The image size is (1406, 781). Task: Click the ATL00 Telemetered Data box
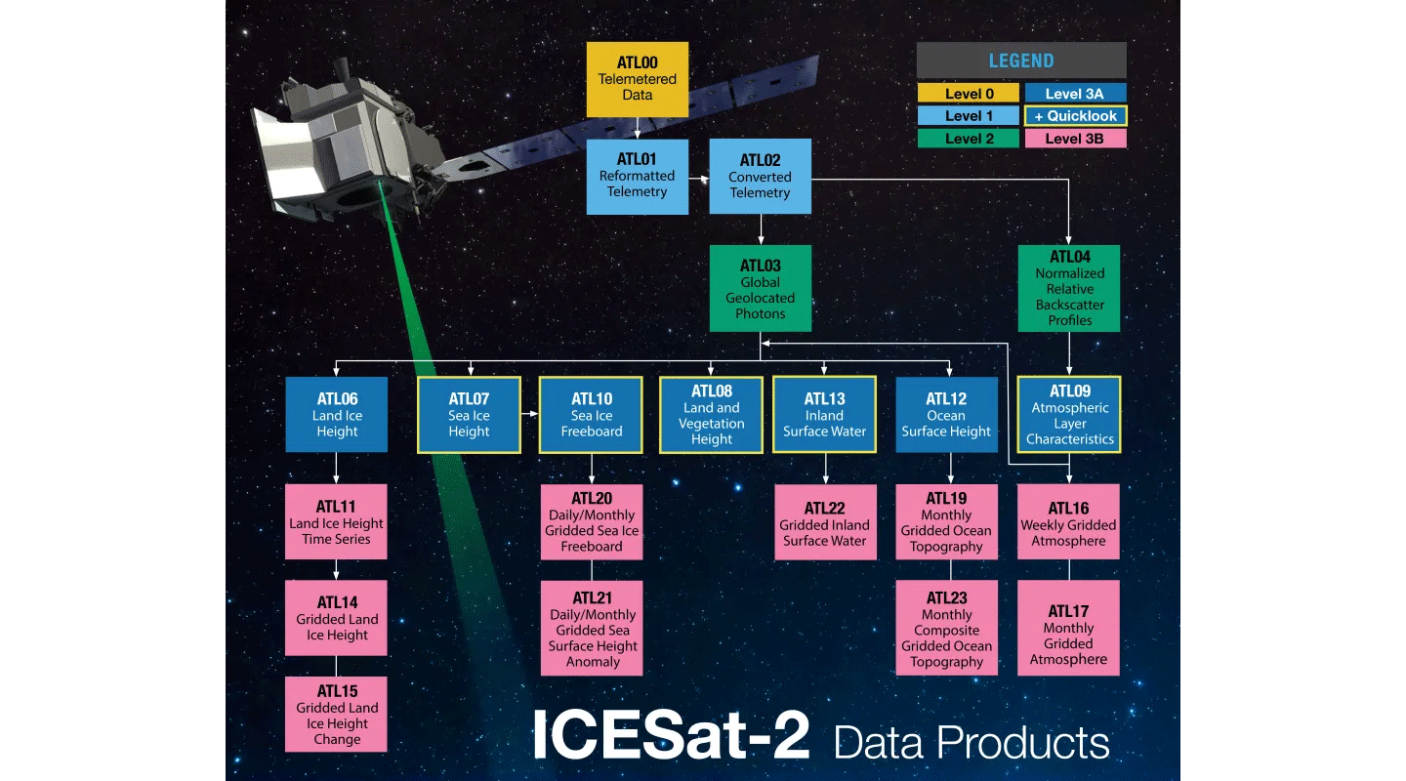pos(638,79)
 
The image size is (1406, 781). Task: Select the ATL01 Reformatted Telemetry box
pos(638,177)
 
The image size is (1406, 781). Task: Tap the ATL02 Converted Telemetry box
pos(760,177)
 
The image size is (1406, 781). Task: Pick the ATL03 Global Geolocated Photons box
pos(760,289)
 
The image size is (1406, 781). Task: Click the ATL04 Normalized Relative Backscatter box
pos(1069,289)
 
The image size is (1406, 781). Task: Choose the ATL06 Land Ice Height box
pos(337,415)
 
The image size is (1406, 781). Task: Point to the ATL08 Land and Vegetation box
pos(711,415)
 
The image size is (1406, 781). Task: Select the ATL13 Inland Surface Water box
pos(825,415)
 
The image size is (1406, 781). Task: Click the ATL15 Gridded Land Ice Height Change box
pos(337,715)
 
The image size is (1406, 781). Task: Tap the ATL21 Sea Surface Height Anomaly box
pos(592,629)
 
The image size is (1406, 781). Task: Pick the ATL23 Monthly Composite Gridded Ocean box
pos(946,629)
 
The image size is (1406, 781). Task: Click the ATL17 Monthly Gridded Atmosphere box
pos(1069,629)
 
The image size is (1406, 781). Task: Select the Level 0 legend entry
pos(969,94)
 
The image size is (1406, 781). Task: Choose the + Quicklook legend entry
pos(1075,116)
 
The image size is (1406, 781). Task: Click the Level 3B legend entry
pos(1075,139)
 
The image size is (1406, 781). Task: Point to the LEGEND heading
pos(1021,61)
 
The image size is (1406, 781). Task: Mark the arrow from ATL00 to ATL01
pos(638,128)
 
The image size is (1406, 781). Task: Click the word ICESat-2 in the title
pos(671,736)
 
